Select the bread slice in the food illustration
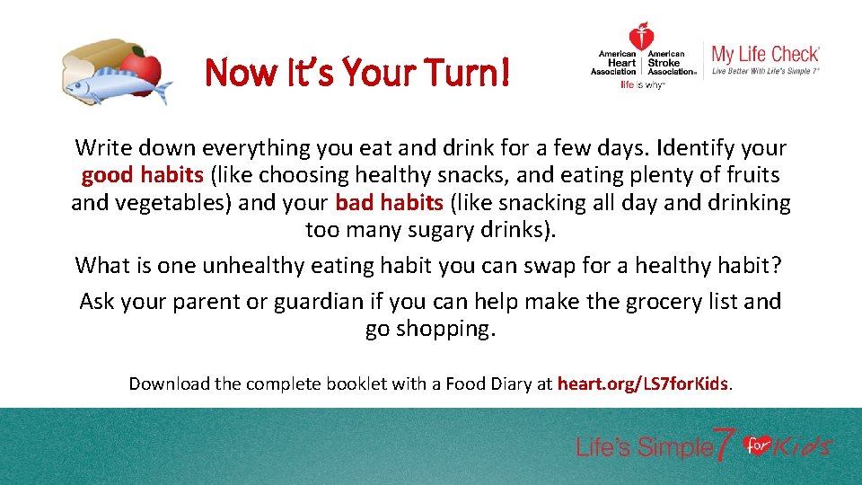tap(90, 63)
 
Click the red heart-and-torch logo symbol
tap(641, 37)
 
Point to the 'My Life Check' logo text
tap(765, 55)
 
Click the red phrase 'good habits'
tap(143, 175)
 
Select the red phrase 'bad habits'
tap(390, 202)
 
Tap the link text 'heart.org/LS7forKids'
tap(643, 384)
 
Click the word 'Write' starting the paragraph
tap(104, 147)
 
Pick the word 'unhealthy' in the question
tap(253, 265)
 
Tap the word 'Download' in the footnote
tap(168, 384)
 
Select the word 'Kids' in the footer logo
tap(802, 446)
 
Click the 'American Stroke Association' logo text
tap(671, 63)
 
